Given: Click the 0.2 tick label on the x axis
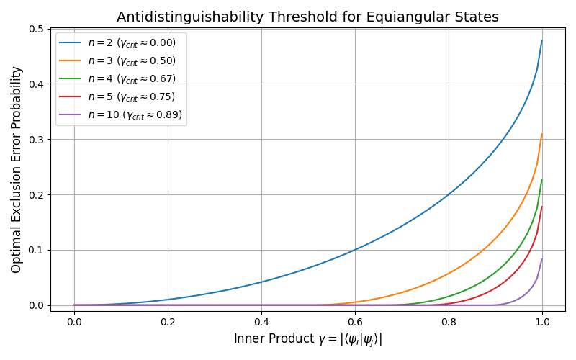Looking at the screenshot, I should pyautogui.click(x=168, y=322).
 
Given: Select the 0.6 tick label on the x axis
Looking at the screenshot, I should pyautogui.click(x=355, y=322).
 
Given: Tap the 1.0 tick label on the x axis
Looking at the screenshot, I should pyautogui.click(x=542, y=322).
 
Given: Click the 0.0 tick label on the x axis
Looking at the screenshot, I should pyautogui.click(x=74, y=322).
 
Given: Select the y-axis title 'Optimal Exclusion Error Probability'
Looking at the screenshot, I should pyautogui.click(x=17, y=169).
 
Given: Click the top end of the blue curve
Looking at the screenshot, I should pyautogui.click(x=541, y=41).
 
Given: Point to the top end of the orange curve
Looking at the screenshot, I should pyautogui.click(x=541, y=135).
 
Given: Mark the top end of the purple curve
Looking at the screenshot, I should pyautogui.click(x=541, y=260).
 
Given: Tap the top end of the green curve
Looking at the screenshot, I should pyautogui.click(x=541, y=180).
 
